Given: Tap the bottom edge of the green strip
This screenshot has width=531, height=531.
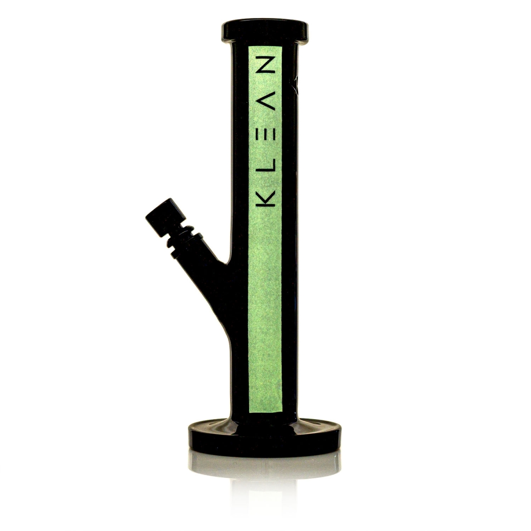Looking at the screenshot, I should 265,411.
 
